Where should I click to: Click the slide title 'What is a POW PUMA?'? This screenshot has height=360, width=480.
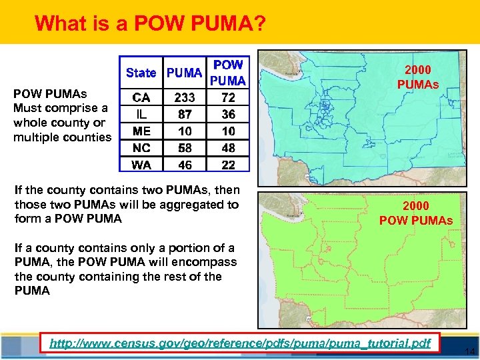[150, 23]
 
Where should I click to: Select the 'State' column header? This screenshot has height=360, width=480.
[141, 73]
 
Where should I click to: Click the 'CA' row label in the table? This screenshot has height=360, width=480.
[141, 97]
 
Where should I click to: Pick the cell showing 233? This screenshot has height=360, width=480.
[185, 97]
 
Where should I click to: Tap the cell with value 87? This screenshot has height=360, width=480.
[185, 115]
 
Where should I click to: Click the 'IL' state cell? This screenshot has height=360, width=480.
[141, 115]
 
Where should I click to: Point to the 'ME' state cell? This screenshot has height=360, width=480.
[141, 131]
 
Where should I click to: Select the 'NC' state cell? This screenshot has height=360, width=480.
[141, 148]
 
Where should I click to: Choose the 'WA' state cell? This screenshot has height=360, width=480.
[141, 165]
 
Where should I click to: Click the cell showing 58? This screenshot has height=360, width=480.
[185, 148]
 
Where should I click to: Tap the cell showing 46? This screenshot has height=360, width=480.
[185, 165]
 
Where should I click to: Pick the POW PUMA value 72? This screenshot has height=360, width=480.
[228, 97]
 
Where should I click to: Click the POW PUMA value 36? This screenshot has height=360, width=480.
[228, 115]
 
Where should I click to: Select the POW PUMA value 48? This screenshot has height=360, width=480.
[228, 148]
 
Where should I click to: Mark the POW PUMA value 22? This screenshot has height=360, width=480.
[228, 165]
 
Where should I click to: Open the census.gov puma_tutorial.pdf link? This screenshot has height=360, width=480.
[241, 343]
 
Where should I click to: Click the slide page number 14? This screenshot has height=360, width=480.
[469, 351]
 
